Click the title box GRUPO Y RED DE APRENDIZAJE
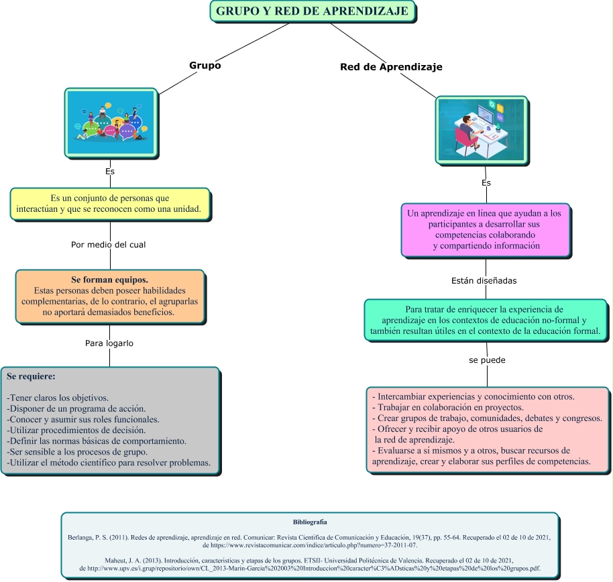(313, 12)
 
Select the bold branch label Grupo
(205, 66)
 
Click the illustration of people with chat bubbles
(111, 123)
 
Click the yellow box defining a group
(110, 204)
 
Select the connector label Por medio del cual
(108, 245)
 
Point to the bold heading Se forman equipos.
(109, 279)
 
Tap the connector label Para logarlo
(109, 343)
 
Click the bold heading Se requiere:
(31, 377)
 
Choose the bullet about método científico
(109, 463)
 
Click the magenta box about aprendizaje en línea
(486, 229)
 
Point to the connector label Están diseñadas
(484, 280)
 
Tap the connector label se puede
(487, 360)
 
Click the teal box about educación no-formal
(486, 321)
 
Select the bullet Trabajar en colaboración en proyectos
(447, 407)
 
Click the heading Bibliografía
(310, 522)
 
